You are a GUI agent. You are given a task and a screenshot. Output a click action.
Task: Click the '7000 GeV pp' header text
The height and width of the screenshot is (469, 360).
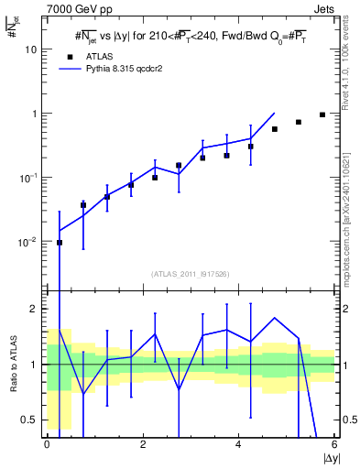pos(76,8)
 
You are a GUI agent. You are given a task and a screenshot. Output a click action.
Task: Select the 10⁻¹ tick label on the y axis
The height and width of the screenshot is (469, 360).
pos(30,178)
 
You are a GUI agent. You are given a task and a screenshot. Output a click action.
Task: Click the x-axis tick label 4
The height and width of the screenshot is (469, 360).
pos(238,444)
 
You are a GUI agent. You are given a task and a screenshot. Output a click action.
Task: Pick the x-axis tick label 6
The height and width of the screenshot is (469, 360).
pos(334,444)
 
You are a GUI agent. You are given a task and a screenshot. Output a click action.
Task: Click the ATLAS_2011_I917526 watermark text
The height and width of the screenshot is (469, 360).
pos(191,274)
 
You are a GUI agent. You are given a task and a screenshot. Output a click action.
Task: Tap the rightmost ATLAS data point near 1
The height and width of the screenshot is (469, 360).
pos(322,115)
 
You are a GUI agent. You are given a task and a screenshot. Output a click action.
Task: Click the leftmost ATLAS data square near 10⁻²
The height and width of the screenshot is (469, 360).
pos(60,243)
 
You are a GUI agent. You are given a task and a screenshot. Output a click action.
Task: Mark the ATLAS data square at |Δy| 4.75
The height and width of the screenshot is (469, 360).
pos(275,129)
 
